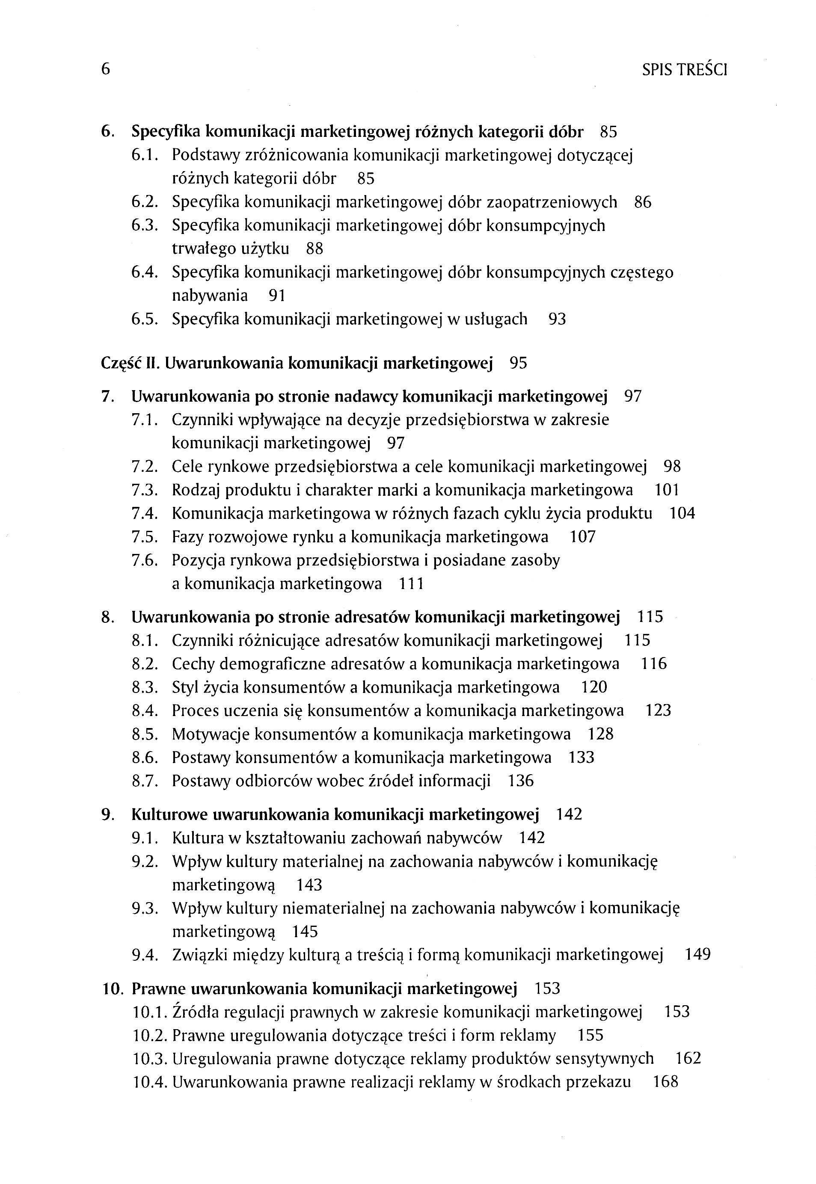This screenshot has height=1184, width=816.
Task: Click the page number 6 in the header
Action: pyautogui.click(x=105, y=69)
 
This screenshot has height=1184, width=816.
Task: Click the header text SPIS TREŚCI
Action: pyautogui.click(x=684, y=69)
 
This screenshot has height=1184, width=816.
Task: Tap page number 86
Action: pyautogui.click(x=643, y=202)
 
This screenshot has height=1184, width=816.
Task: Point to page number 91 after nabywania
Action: pyautogui.click(x=276, y=296)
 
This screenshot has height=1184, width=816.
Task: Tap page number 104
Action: pyautogui.click(x=682, y=514)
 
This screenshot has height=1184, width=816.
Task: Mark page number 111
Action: pyautogui.click(x=411, y=584)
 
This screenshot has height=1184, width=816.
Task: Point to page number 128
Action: pyautogui.click(x=600, y=734)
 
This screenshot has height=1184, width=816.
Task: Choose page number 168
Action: pyautogui.click(x=666, y=1082)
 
